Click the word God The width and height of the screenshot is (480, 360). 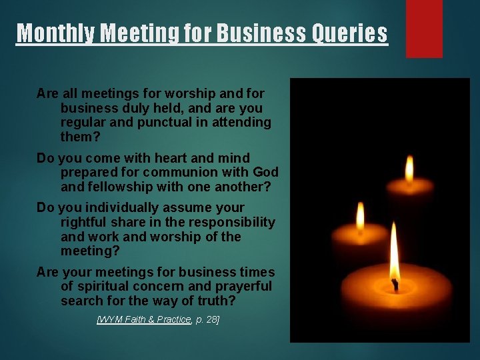(265, 172)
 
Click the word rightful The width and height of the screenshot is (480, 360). (85, 222)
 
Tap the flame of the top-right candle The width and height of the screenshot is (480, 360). (409, 169)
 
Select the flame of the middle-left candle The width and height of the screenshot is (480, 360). (360, 215)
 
